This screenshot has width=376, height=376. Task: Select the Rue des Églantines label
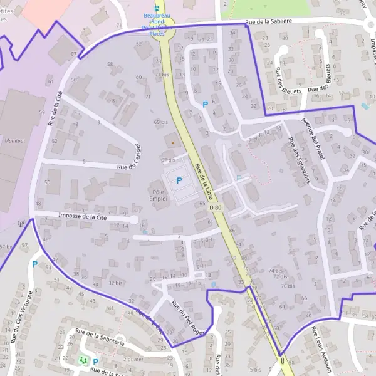[298, 160]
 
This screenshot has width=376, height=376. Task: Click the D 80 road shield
[216, 207]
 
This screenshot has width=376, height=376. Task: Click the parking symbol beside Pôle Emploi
[179, 180]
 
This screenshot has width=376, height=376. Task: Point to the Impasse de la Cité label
[82, 217]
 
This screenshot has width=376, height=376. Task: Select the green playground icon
[82, 360]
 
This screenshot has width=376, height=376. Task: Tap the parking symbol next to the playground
[95, 362]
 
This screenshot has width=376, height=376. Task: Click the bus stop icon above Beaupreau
[157, 4]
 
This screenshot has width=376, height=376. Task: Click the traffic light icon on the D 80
[283, 361]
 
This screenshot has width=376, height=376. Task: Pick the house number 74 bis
[276, 271]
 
